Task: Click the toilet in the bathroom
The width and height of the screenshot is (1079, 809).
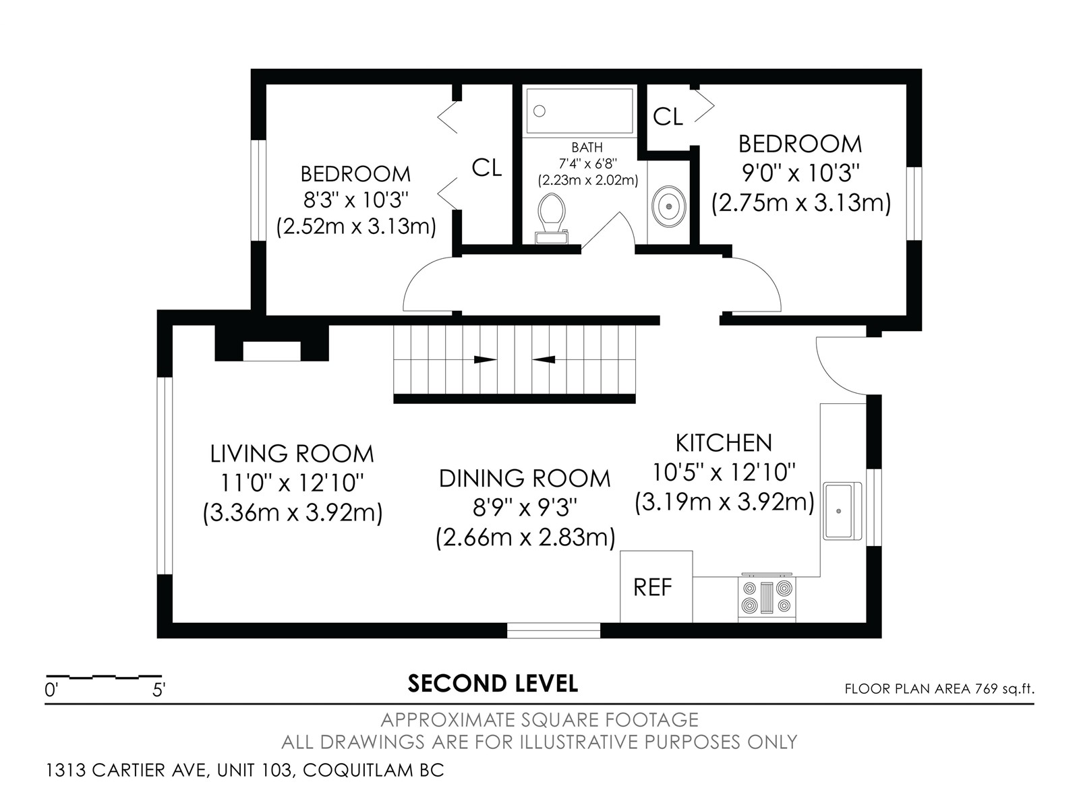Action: pyautogui.click(x=551, y=219)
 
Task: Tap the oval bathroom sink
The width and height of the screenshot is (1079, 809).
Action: pyautogui.click(x=668, y=206)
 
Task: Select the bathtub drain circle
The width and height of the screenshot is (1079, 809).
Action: pyautogui.click(x=539, y=111)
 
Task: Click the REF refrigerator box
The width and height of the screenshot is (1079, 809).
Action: pyautogui.click(x=655, y=587)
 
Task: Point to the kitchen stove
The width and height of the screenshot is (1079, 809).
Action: pyautogui.click(x=767, y=598)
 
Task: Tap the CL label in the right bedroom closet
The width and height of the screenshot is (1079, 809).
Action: pyautogui.click(x=668, y=117)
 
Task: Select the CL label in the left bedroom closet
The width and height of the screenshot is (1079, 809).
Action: pyautogui.click(x=487, y=167)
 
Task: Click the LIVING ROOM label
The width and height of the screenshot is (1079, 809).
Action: pyautogui.click(x=292, y=453)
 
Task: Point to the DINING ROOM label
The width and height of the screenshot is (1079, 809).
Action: pyautogui.click(x=525, y=479)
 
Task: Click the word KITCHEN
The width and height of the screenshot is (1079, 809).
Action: pyautogui.click(x=724, y=443)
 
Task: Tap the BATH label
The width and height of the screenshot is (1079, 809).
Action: pyautogui.click(x=587, y=147)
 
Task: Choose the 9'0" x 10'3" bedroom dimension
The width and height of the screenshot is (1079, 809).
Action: pyautogui.click(x=800, y=173)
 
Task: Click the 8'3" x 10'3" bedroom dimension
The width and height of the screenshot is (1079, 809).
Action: pyautogui.click(x=356, y=200)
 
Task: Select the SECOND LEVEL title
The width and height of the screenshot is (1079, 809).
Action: pyautogui.click(x=492, y=683)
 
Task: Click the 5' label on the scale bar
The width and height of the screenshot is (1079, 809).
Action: pyautogui.click(x=158, y=690)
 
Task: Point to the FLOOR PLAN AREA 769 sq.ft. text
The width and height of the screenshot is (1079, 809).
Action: pyautogui.click(x=939, y=688)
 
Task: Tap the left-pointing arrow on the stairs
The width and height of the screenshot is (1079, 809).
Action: pyautogui.click(x=543, y=359)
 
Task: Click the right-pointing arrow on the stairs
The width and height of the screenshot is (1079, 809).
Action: pyautogui.click(x=485, y=359)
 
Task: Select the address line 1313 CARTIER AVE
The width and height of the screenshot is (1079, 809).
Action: pyautogui.click(x=245, y=770)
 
